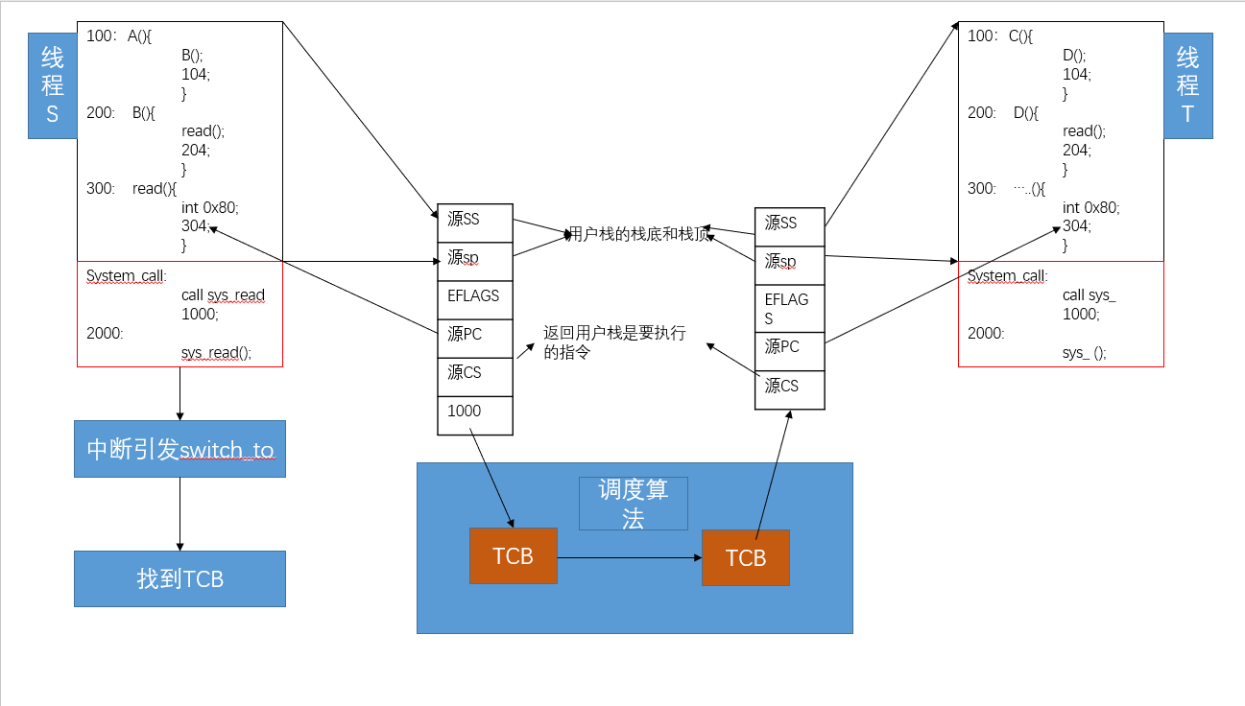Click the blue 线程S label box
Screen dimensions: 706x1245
pyautogui.click(x=52, y=85)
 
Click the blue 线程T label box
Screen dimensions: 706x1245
pyautogui.click(x=1187, y=85)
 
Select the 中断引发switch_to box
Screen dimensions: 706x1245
pyautogui.click(x=180, y=449)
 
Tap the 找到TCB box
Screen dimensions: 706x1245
pyautogui.click(x=180, y=578)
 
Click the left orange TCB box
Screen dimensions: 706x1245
pyautogui.click(x=513, y=555)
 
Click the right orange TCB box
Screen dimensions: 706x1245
pyautogui.click(x=745, y=557)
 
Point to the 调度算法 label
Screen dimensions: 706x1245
pyautogui.click(x=633, y=504)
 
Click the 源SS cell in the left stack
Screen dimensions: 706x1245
pyautogui.click(x=475, y=222)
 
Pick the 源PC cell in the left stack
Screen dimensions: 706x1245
pyautogui.click(x=475, y=337)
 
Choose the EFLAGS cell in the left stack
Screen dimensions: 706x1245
pyautogui.click(x=475, y=298)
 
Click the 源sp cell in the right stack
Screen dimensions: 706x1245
pyautogui.click(x=789, y=263)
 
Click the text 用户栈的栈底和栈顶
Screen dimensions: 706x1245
pyautogui.click(x=639, y=233)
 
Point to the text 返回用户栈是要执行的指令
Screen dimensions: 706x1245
pyautogui.click(x=614, y=342)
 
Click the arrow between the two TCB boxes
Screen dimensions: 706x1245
pyautogui.click(x=629, y=556)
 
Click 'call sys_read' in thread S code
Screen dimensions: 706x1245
pyautogui.click(x=223, y=295)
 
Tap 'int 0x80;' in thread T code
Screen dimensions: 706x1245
pyautogui.click(x=1090, y=207)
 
